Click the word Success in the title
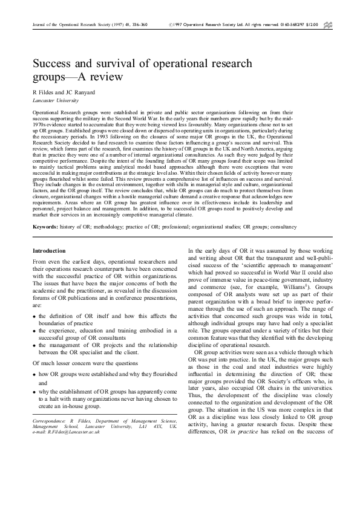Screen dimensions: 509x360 [53, 63]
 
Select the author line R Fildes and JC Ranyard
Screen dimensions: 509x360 [61, 91]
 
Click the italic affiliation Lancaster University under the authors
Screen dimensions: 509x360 [55, 99]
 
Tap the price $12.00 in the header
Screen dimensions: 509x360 [312, 25]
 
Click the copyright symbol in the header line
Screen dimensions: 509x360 [166, 25]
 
